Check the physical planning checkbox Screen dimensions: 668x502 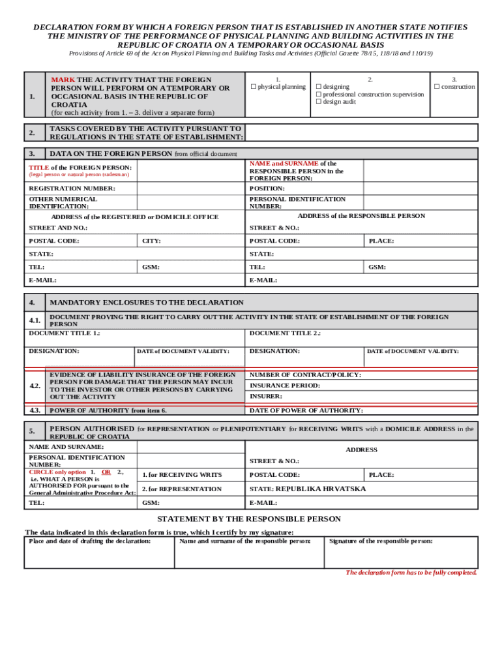(x=254, y=87)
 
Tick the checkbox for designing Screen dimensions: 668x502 (x=318, y=87)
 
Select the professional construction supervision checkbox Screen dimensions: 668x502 (x=318, y=94)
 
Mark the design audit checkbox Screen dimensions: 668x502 (x=318, y=102)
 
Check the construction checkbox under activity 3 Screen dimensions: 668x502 (x=437, y=87)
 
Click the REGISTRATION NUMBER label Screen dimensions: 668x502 (x=72, y=189)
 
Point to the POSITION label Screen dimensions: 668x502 (x=267, y=189)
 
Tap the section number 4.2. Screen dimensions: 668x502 (x=35, y=386)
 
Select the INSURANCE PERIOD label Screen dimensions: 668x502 (x=284, y=386)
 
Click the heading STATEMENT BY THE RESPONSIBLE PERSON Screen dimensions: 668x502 (x=249, y=519)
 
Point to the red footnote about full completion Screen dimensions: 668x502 (x=411, y=572)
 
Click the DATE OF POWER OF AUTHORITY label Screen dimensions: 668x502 (x=306, y=410)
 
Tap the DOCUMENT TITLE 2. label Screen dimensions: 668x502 (x=285, y=333)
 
